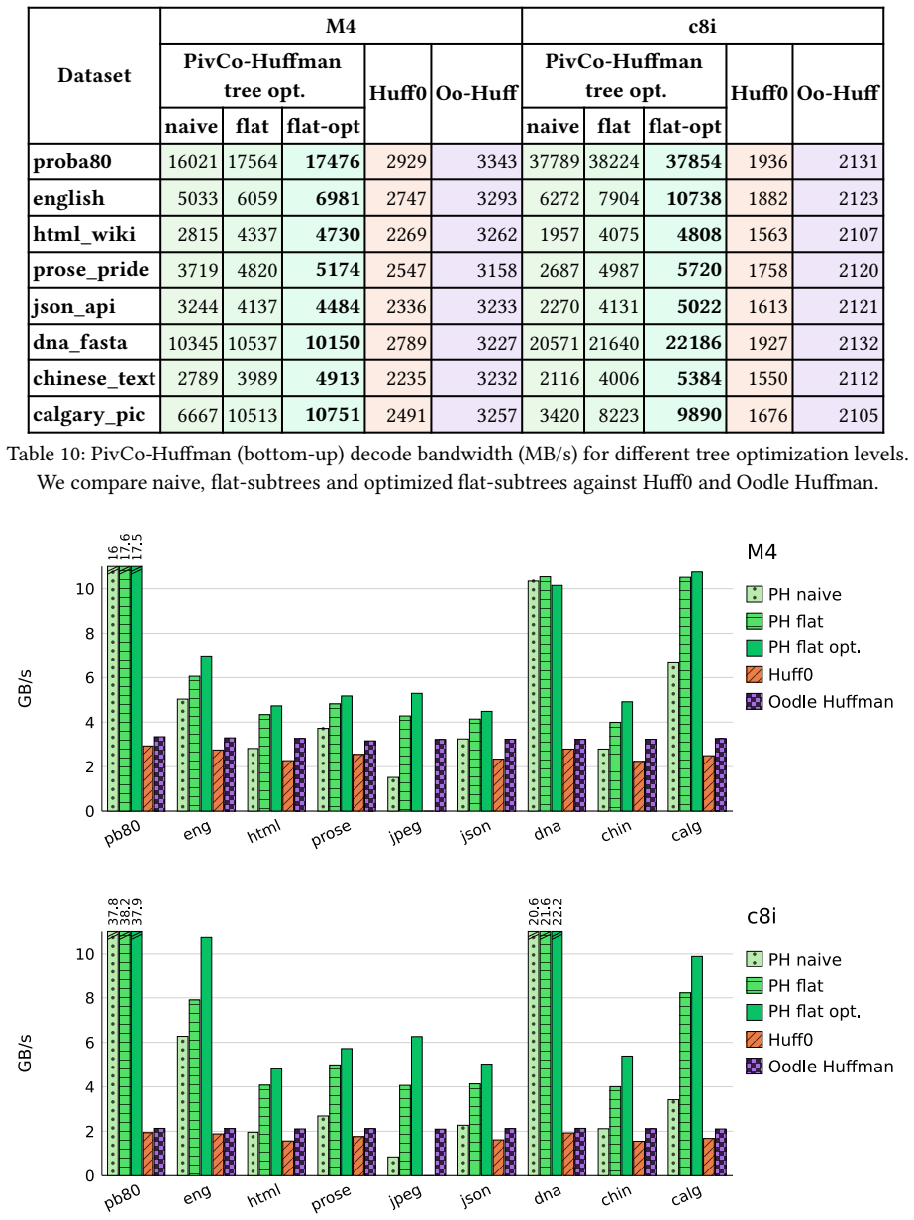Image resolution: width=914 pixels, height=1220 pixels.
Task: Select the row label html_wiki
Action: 84,234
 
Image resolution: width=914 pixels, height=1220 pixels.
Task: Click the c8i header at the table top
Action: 702,26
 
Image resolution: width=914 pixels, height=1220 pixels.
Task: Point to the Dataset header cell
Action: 94,75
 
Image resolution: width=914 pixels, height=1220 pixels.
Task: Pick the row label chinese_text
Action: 94,378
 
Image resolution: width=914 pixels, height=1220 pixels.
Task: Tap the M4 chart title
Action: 762,552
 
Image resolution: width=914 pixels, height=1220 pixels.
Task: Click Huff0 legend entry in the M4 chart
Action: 779,674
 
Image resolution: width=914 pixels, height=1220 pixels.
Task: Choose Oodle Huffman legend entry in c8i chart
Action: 820,1067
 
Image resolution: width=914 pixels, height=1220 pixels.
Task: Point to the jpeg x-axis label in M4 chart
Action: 406,832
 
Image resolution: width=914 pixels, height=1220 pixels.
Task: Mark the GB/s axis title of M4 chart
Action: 25,688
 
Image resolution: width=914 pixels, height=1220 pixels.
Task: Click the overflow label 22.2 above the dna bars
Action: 557,913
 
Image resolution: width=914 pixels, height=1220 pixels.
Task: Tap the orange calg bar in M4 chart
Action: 708,783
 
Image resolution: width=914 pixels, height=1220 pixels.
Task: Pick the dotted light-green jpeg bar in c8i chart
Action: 393,1167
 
